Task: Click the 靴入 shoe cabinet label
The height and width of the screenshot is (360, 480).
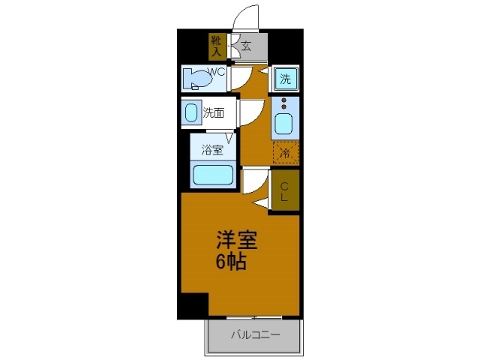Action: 216,46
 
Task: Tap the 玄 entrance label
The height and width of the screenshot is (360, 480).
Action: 246,46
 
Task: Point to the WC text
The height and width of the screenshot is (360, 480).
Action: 217,73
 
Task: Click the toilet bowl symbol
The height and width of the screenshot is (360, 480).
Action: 196,78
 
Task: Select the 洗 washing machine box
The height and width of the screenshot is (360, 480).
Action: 285,78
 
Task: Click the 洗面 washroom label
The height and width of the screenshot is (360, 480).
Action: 214,113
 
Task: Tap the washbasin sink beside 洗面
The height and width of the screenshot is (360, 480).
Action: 190,113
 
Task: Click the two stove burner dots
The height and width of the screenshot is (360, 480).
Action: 284,103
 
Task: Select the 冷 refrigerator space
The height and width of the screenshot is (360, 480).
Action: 285,153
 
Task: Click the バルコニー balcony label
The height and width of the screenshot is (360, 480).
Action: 254,334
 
